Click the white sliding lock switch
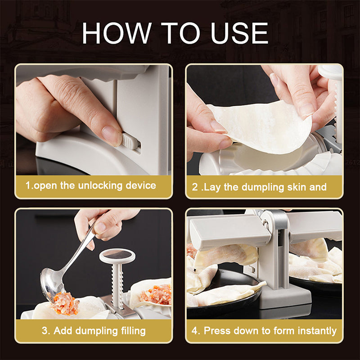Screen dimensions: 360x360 pyautogui.click(x=129, y=144)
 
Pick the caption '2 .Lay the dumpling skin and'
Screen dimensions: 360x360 pyautogui.click(x=259, y=187)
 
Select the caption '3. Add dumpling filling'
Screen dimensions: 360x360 pyautogui.click(x=94, y=331)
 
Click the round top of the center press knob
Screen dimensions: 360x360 pyautogui.click(x=117, y=256)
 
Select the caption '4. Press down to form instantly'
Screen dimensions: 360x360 pyautogui.click(x=264, y=331)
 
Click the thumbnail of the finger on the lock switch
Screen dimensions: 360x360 pyautogui.click(x=112, y=135)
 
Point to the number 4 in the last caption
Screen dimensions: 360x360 pyautogui.click(x=194, y=331)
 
